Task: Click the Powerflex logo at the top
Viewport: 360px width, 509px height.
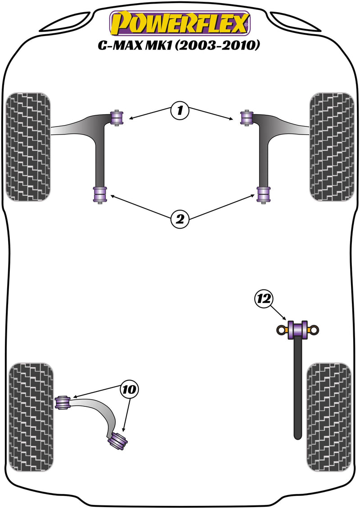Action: [180, 24]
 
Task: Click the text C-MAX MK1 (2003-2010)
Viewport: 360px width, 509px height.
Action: [180, 46]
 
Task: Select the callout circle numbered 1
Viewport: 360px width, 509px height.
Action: [180, 110]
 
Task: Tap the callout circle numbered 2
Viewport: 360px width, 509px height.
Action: [180, 219]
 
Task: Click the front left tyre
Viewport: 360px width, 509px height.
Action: [27, 147]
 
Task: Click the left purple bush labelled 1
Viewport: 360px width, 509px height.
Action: [117, 118]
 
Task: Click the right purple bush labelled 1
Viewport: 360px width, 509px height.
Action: [247, 118]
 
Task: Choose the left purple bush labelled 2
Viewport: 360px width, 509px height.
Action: [99, 194]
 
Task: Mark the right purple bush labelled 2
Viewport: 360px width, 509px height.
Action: [263, 194]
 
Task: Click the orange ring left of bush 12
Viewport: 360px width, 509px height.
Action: [282, 330]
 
